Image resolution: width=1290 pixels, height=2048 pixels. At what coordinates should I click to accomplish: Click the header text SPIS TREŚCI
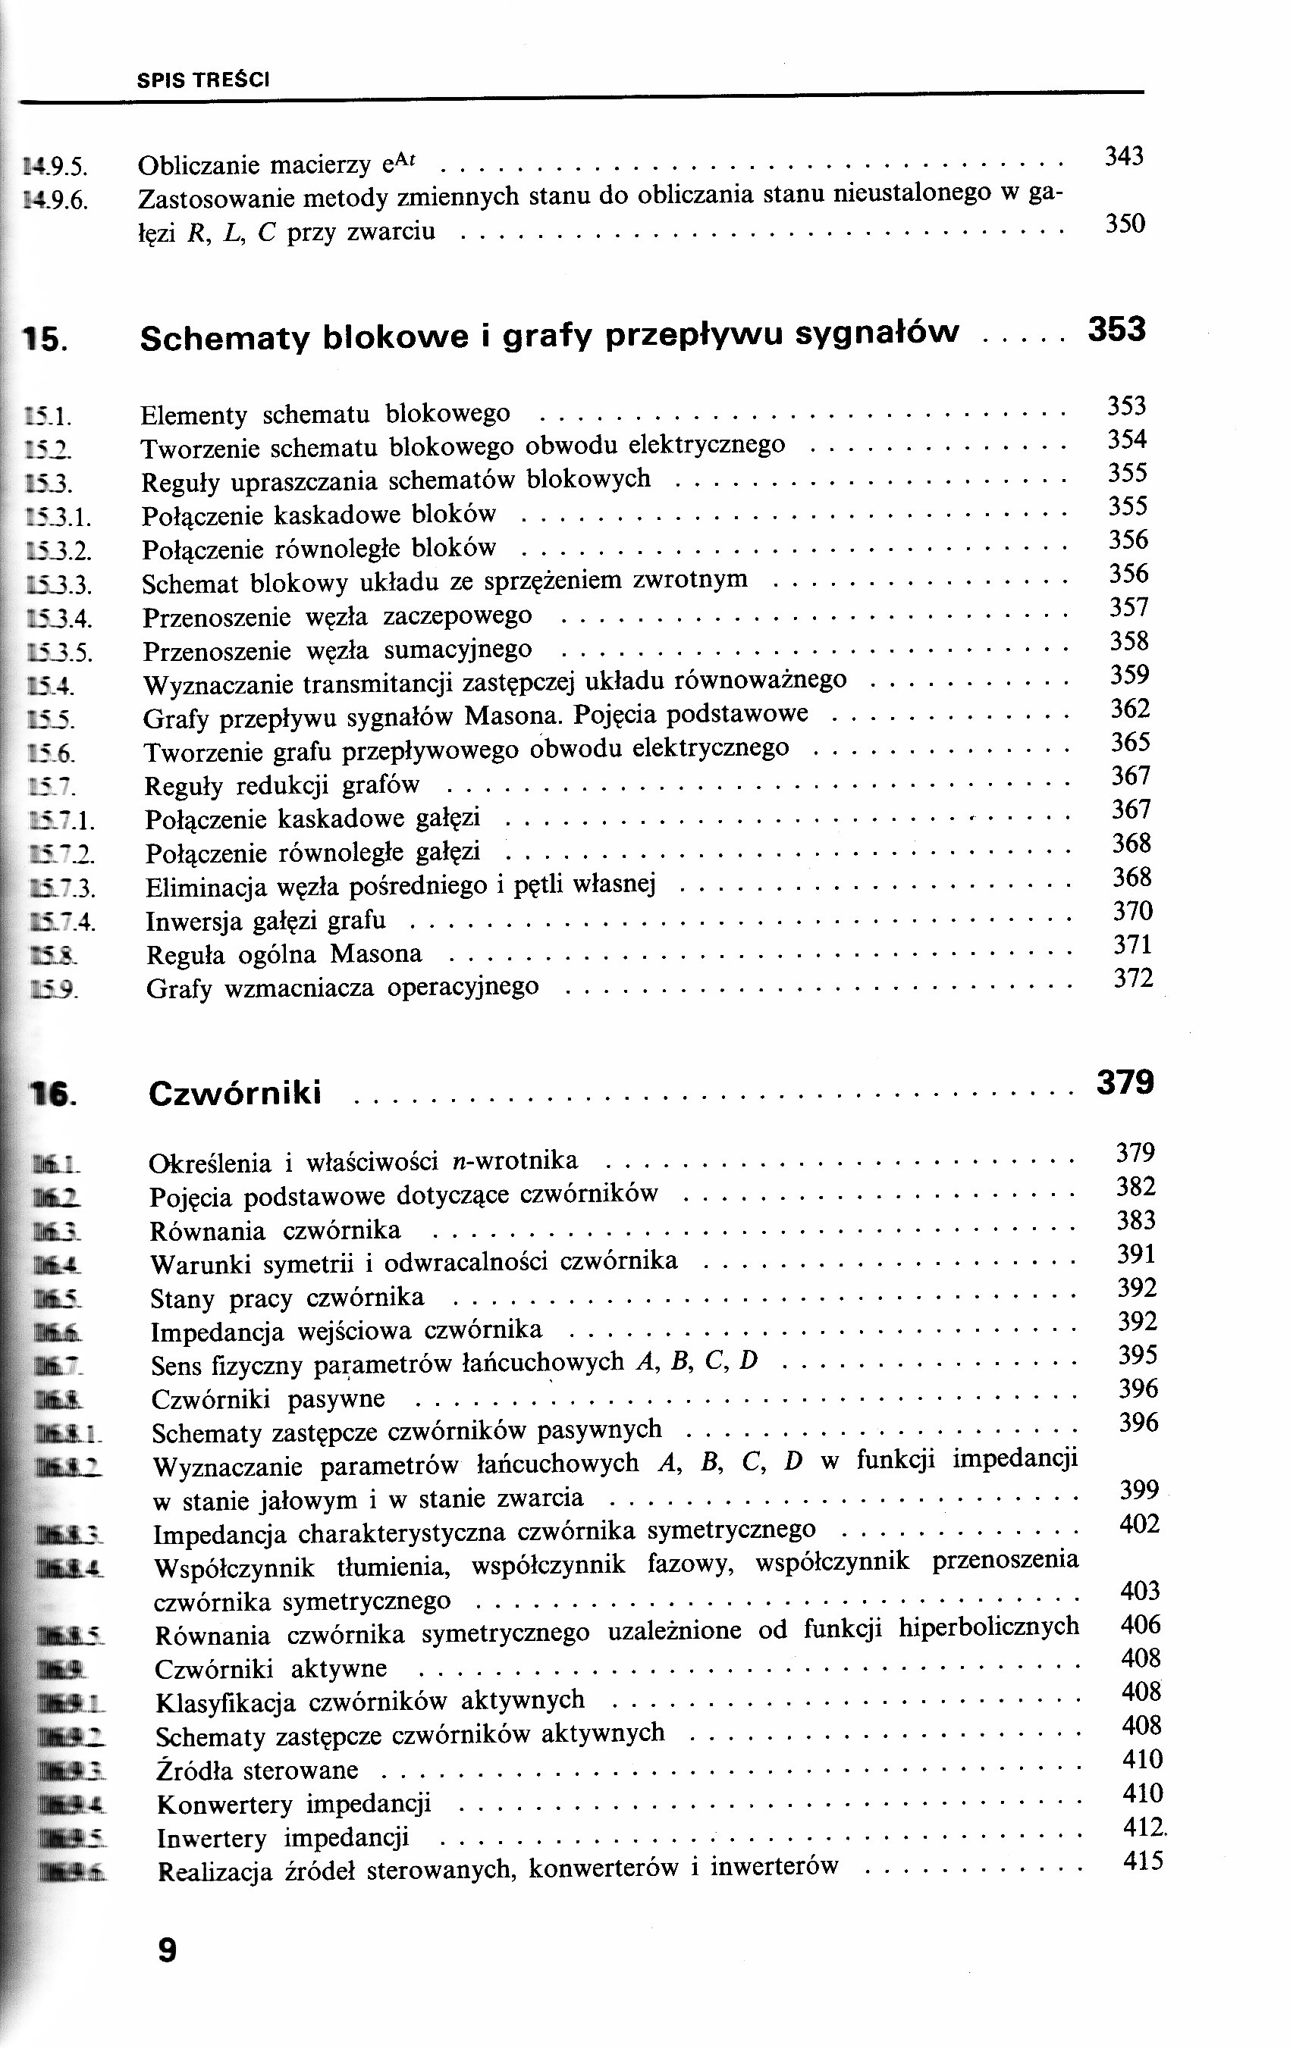coord(203,81)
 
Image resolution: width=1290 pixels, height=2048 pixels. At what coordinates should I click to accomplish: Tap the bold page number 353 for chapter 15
coord(1116,329)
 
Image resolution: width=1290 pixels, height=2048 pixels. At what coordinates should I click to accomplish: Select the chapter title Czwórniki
coord(235,1093)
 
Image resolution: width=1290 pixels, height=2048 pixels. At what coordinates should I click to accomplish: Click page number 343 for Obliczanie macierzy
coord(1123,155)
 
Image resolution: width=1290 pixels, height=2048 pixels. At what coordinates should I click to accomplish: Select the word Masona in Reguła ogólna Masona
coord(376,954)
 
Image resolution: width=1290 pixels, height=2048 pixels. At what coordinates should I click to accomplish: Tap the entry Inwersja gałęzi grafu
coord(265,921)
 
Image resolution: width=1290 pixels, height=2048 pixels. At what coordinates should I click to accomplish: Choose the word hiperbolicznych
coord(989,1627)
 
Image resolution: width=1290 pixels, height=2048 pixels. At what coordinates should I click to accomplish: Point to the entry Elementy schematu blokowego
coord(325,415)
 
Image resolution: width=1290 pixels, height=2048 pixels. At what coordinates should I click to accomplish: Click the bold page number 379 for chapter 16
coord(1125,1082)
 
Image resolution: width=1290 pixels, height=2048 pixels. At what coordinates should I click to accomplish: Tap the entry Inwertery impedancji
coord(284,1838)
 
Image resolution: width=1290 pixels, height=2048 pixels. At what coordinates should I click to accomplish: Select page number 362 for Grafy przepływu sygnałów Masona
coord(1130,709)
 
